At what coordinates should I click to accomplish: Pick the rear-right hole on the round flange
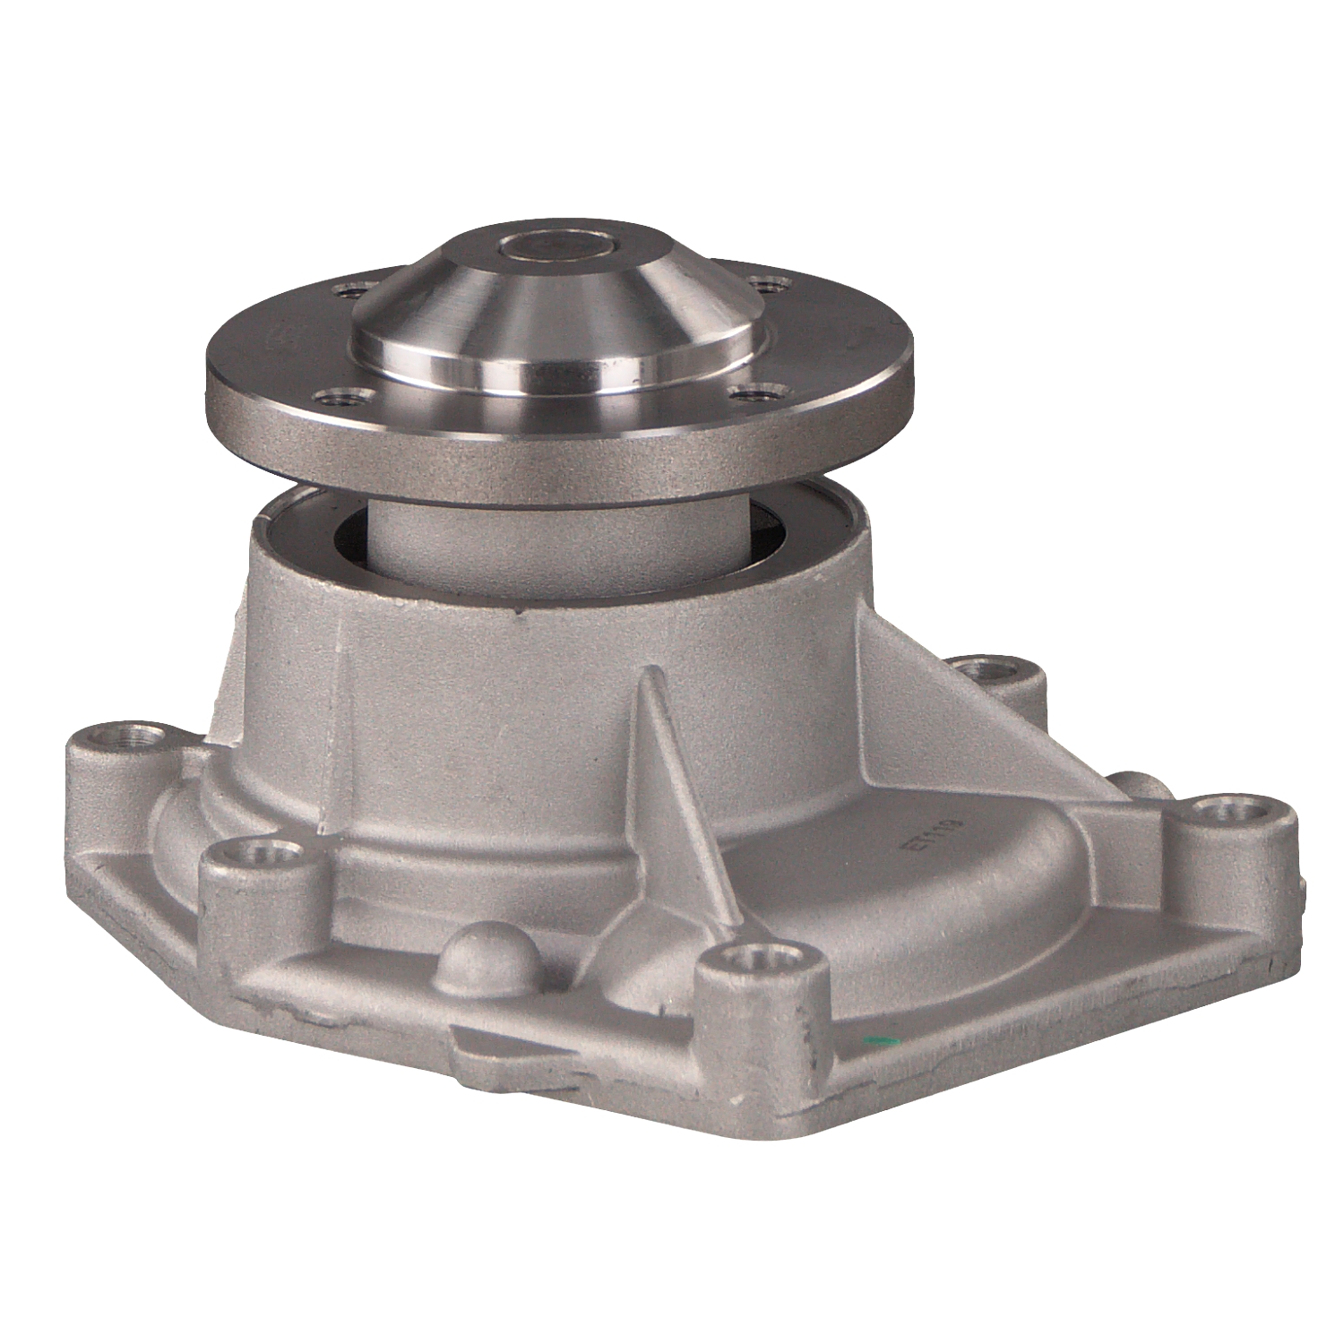[x=768, y=285]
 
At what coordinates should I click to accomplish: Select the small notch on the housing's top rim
[x=519, y=616]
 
